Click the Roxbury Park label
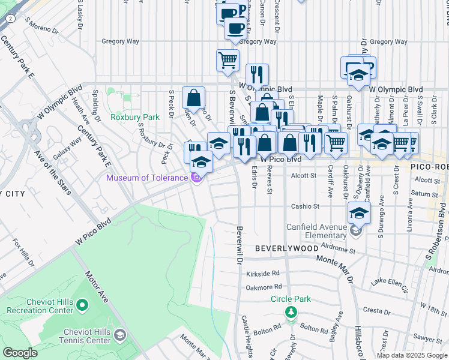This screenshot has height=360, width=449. click(x=134, y=117)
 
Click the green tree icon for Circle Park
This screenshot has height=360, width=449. click(x=291, y=311)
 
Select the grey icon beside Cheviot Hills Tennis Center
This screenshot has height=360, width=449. click(x=120, y=334)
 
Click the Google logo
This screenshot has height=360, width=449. click(x=20, y=353)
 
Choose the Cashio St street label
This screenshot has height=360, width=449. click(x=305, y=206)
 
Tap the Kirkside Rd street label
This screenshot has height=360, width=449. click(x=263, y=273)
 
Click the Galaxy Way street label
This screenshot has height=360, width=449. click(x=68, y=143)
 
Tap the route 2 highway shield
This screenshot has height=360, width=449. click(x=11, y=18)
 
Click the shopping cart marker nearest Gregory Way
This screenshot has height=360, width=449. click(x=228, y=60)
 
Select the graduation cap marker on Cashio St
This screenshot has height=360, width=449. click(x=358, y=212)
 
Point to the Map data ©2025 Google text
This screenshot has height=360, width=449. click(x=412, y=355)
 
